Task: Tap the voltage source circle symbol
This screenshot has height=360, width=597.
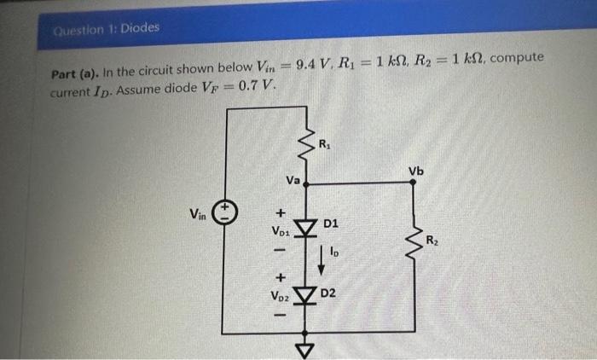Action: point(223,212)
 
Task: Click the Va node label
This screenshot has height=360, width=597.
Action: point(293,180)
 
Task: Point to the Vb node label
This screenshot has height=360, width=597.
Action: point(415,171)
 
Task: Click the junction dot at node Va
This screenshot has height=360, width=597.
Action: point(306,183)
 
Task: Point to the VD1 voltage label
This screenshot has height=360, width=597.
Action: point(281,231)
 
